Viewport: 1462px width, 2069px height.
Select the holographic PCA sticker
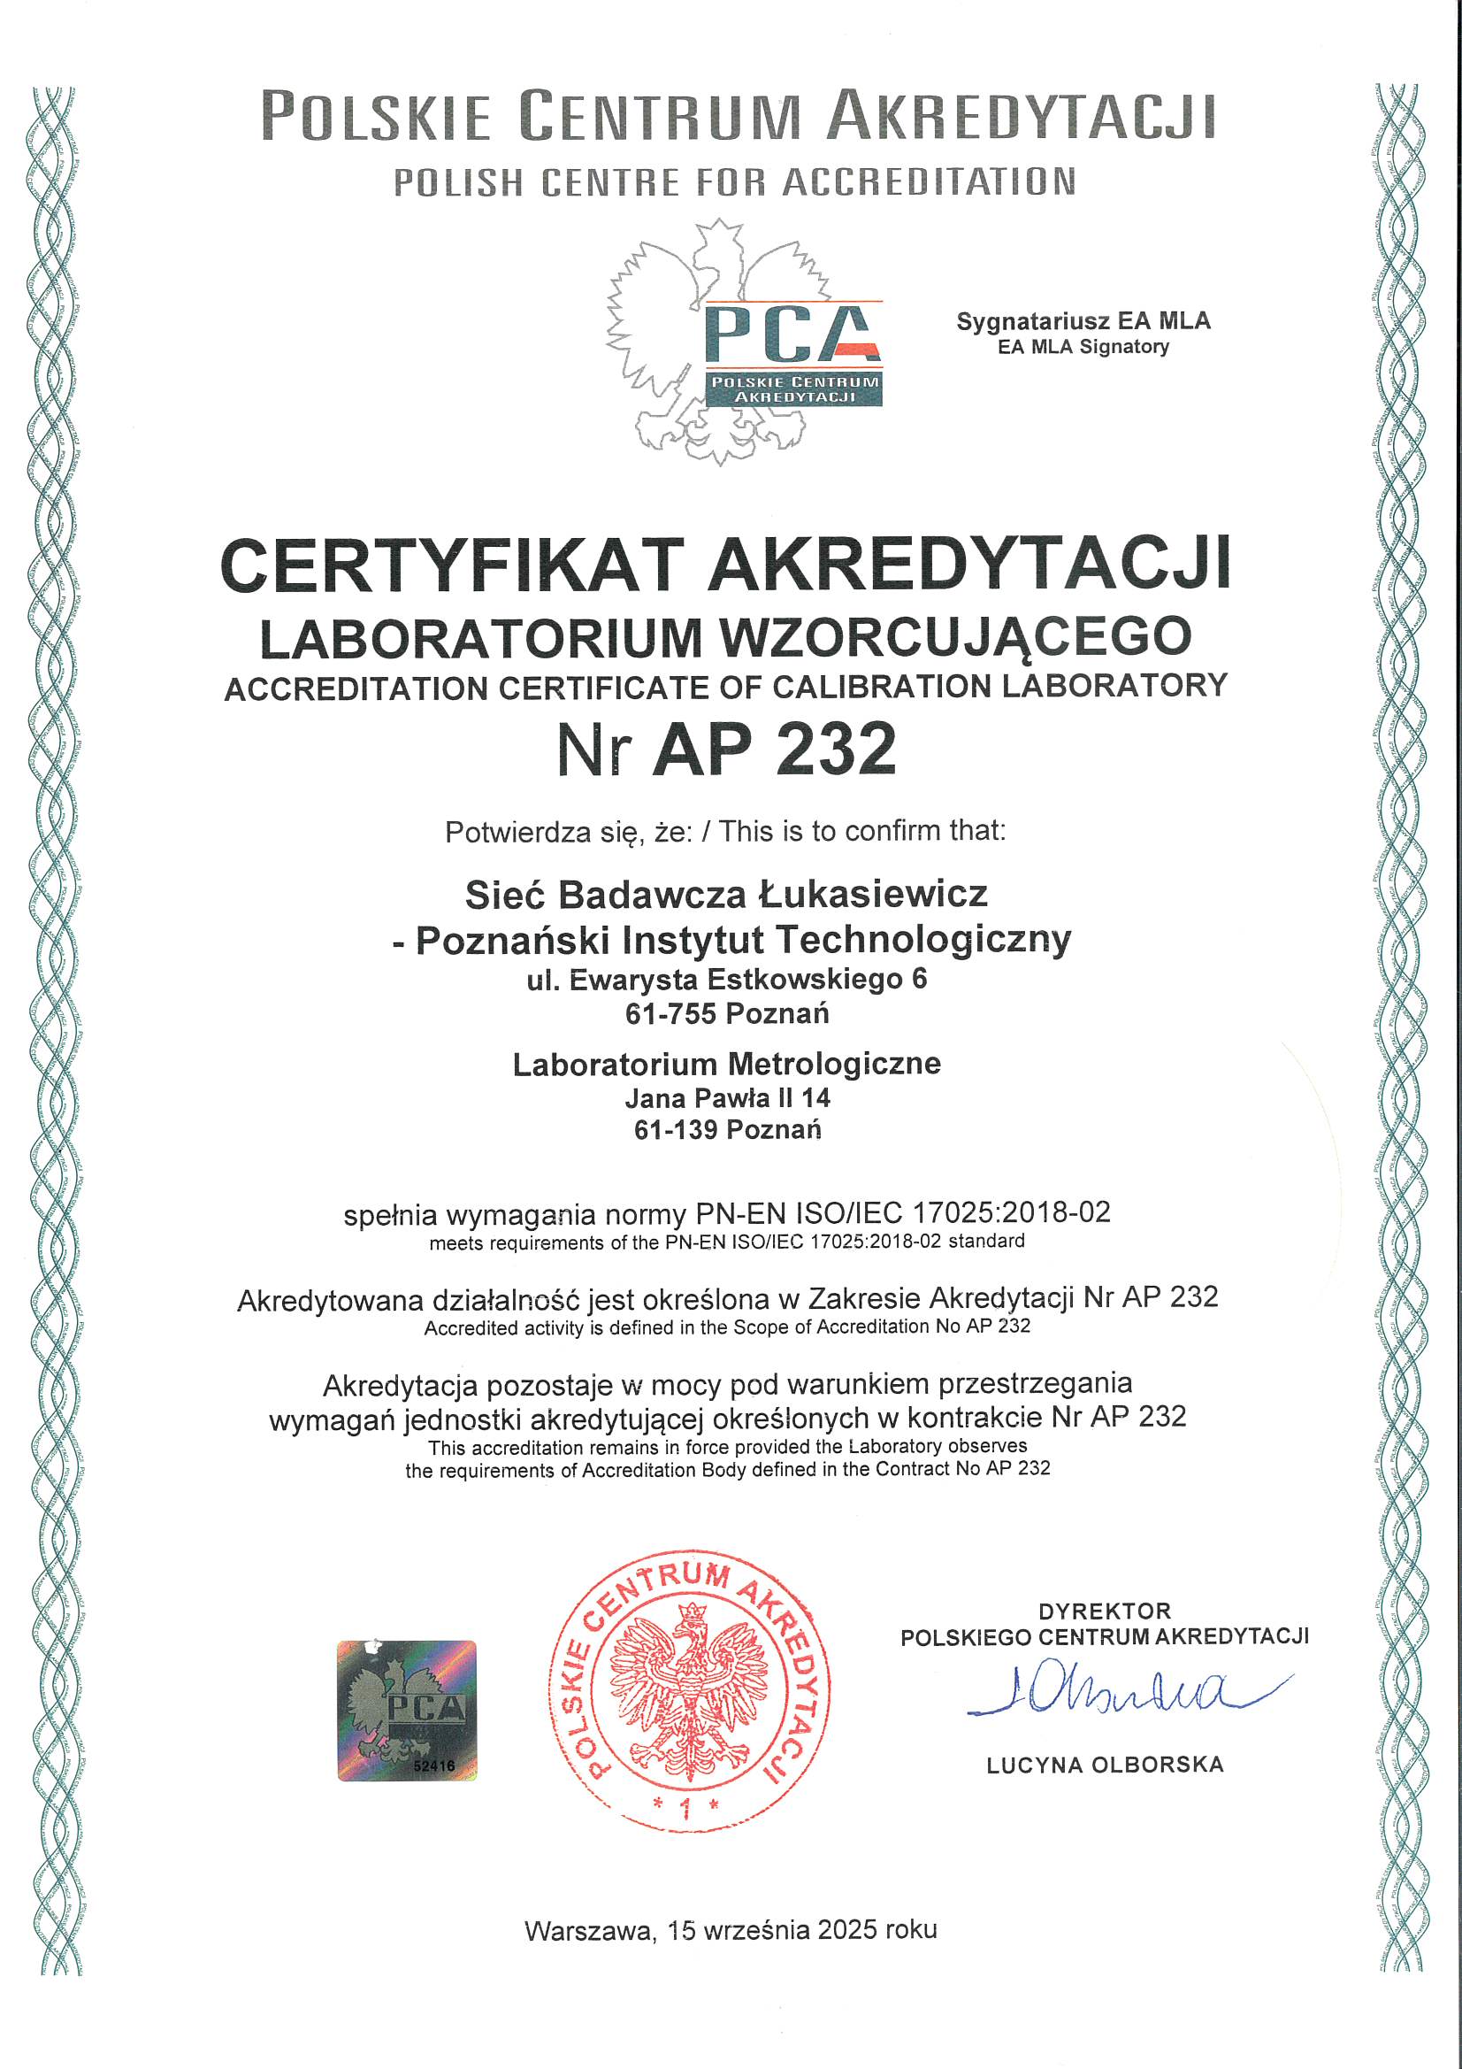[407, 1711]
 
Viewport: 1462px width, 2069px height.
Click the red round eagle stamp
[689, 1689]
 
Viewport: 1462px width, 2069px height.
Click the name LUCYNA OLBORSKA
[1105, 1765]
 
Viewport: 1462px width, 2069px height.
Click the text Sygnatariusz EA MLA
[1083, 322]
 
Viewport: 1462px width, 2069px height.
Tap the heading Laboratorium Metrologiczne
[726, 1065]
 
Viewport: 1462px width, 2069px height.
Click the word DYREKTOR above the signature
[1105, 1611]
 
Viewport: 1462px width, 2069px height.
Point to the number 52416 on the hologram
[434, 1765]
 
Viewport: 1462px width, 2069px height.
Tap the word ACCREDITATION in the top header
[929, 182]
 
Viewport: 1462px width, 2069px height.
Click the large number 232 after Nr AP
[836, 749]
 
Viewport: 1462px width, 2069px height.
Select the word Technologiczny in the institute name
[923, 940]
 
